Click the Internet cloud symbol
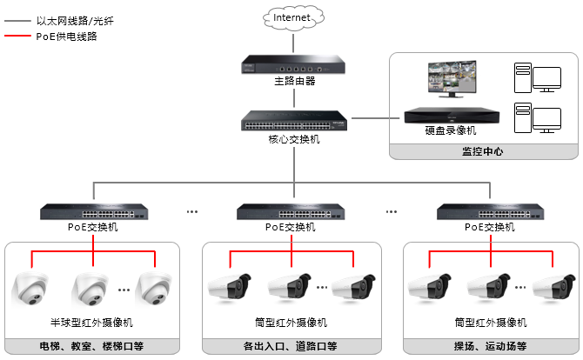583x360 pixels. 291,17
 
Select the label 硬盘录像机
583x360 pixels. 445,130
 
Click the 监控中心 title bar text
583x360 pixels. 482,151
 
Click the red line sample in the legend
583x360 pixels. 17,37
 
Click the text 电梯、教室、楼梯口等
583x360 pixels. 93,345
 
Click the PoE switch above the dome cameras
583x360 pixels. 93,211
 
